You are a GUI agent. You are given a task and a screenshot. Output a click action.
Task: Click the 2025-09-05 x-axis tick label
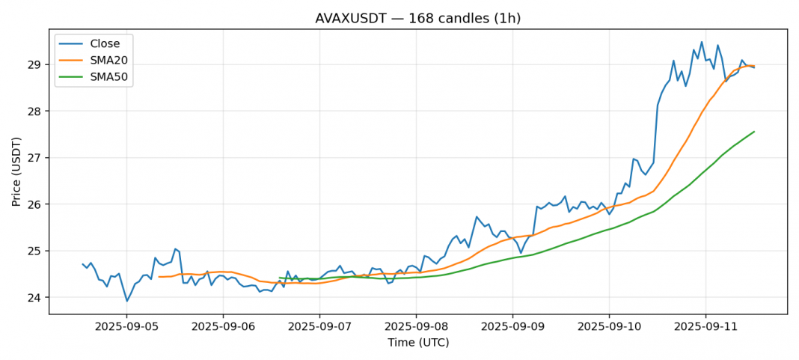pos(126,327)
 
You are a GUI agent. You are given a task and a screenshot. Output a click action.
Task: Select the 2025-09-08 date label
pos(416,327)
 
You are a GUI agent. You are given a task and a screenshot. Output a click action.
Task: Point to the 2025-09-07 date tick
pos(319,327)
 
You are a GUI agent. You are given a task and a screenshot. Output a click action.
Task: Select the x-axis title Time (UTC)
pos(417,343)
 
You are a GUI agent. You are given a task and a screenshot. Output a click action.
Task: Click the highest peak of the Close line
pos(702,42)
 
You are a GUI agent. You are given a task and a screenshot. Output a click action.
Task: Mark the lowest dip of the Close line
pos(126,301)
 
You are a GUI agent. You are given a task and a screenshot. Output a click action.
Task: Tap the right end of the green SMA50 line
pos(754,132)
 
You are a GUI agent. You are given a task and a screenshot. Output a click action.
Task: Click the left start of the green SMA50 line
pos(280,278)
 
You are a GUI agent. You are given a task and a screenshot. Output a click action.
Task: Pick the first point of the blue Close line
pos(82,263)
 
